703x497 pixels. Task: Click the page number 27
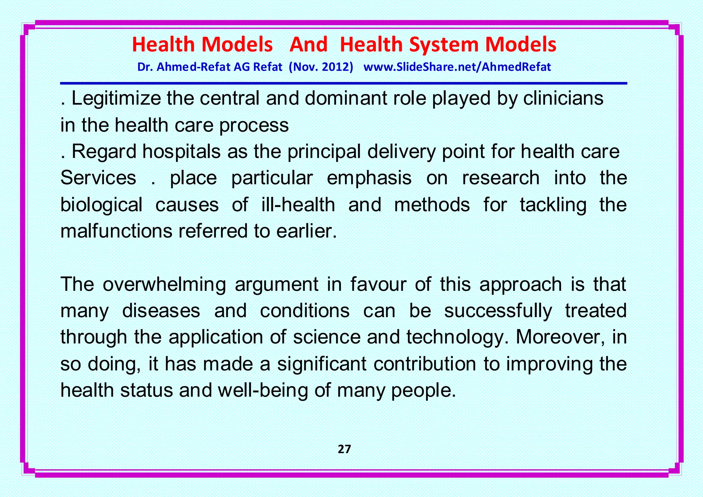344,449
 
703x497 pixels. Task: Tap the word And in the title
308,45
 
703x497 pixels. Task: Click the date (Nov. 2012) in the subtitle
321,67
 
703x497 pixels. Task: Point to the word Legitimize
116,99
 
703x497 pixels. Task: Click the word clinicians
563,98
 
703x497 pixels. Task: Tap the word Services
99,178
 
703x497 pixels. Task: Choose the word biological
101,205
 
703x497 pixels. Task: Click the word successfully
498,311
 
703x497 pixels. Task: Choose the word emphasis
369,178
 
